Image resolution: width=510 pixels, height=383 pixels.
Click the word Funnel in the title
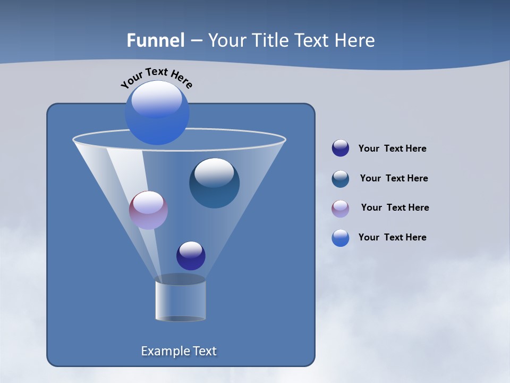point(155,40)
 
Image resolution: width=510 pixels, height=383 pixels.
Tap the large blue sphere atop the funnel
point(157,113)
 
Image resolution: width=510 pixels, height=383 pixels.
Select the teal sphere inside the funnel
point(214,184)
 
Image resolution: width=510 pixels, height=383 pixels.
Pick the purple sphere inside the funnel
point(148,210)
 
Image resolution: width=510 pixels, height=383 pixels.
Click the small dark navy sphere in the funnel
point(191,256)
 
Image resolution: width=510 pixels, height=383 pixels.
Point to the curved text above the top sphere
point(157,77)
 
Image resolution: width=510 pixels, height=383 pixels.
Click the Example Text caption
point(178,351)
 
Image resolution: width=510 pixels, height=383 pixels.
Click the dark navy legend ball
point(341,148)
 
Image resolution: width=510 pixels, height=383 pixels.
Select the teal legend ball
point(341,179)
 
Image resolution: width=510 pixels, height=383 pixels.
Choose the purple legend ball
point(341,209)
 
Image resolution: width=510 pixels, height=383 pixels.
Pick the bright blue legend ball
point(341,238)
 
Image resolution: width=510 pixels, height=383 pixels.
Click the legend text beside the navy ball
point(392,149)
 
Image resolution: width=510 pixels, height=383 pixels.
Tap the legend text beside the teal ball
point(394,179)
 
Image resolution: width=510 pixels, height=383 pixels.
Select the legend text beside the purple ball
point(395,208)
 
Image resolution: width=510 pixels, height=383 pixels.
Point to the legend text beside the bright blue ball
point(392,238)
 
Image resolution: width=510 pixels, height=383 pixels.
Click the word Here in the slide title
point(355,40)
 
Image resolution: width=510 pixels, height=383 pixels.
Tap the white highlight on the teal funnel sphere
point(214,172)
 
